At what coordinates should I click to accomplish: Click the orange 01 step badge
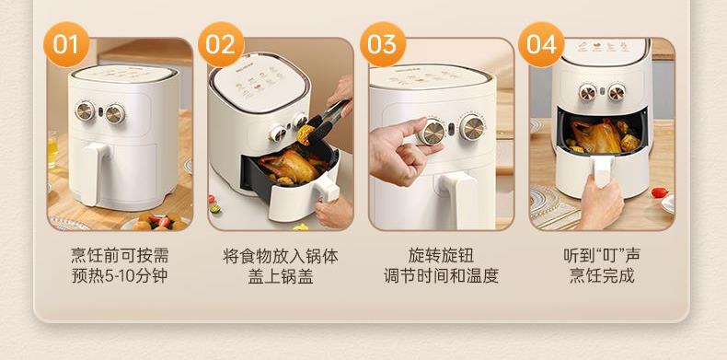[66, 44]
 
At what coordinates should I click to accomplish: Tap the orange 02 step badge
[221, 44]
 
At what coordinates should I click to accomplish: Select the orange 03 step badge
[383, 44]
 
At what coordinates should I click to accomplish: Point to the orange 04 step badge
[541, 44]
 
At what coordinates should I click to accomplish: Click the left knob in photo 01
[85, 110]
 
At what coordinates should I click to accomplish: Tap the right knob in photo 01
[114, 113]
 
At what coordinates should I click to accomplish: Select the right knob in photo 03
[472, 127]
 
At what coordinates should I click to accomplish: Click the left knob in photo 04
[587, 92]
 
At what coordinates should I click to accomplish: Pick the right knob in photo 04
[617, 92]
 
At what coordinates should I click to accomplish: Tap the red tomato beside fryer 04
[659, 192]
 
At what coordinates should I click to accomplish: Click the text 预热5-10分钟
[120, 276]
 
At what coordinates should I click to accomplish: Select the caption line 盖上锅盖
[281, 276]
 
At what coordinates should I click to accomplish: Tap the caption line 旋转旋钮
[441, 256]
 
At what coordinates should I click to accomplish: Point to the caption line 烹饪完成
[602, 276]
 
